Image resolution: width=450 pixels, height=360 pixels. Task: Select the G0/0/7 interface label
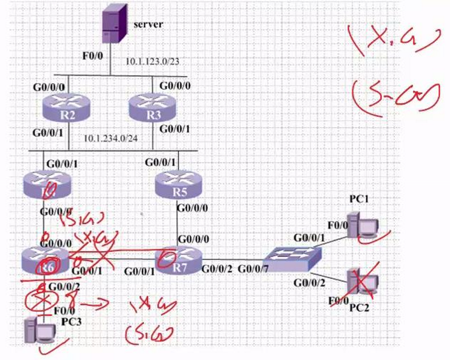coord(253,268)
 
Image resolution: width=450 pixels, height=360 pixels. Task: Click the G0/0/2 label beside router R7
coord(216,268)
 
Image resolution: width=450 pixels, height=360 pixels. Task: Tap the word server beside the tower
coord(149,24)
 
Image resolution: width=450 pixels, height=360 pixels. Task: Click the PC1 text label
coord(360,199)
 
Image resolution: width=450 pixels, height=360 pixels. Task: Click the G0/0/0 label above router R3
coord(174,86)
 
